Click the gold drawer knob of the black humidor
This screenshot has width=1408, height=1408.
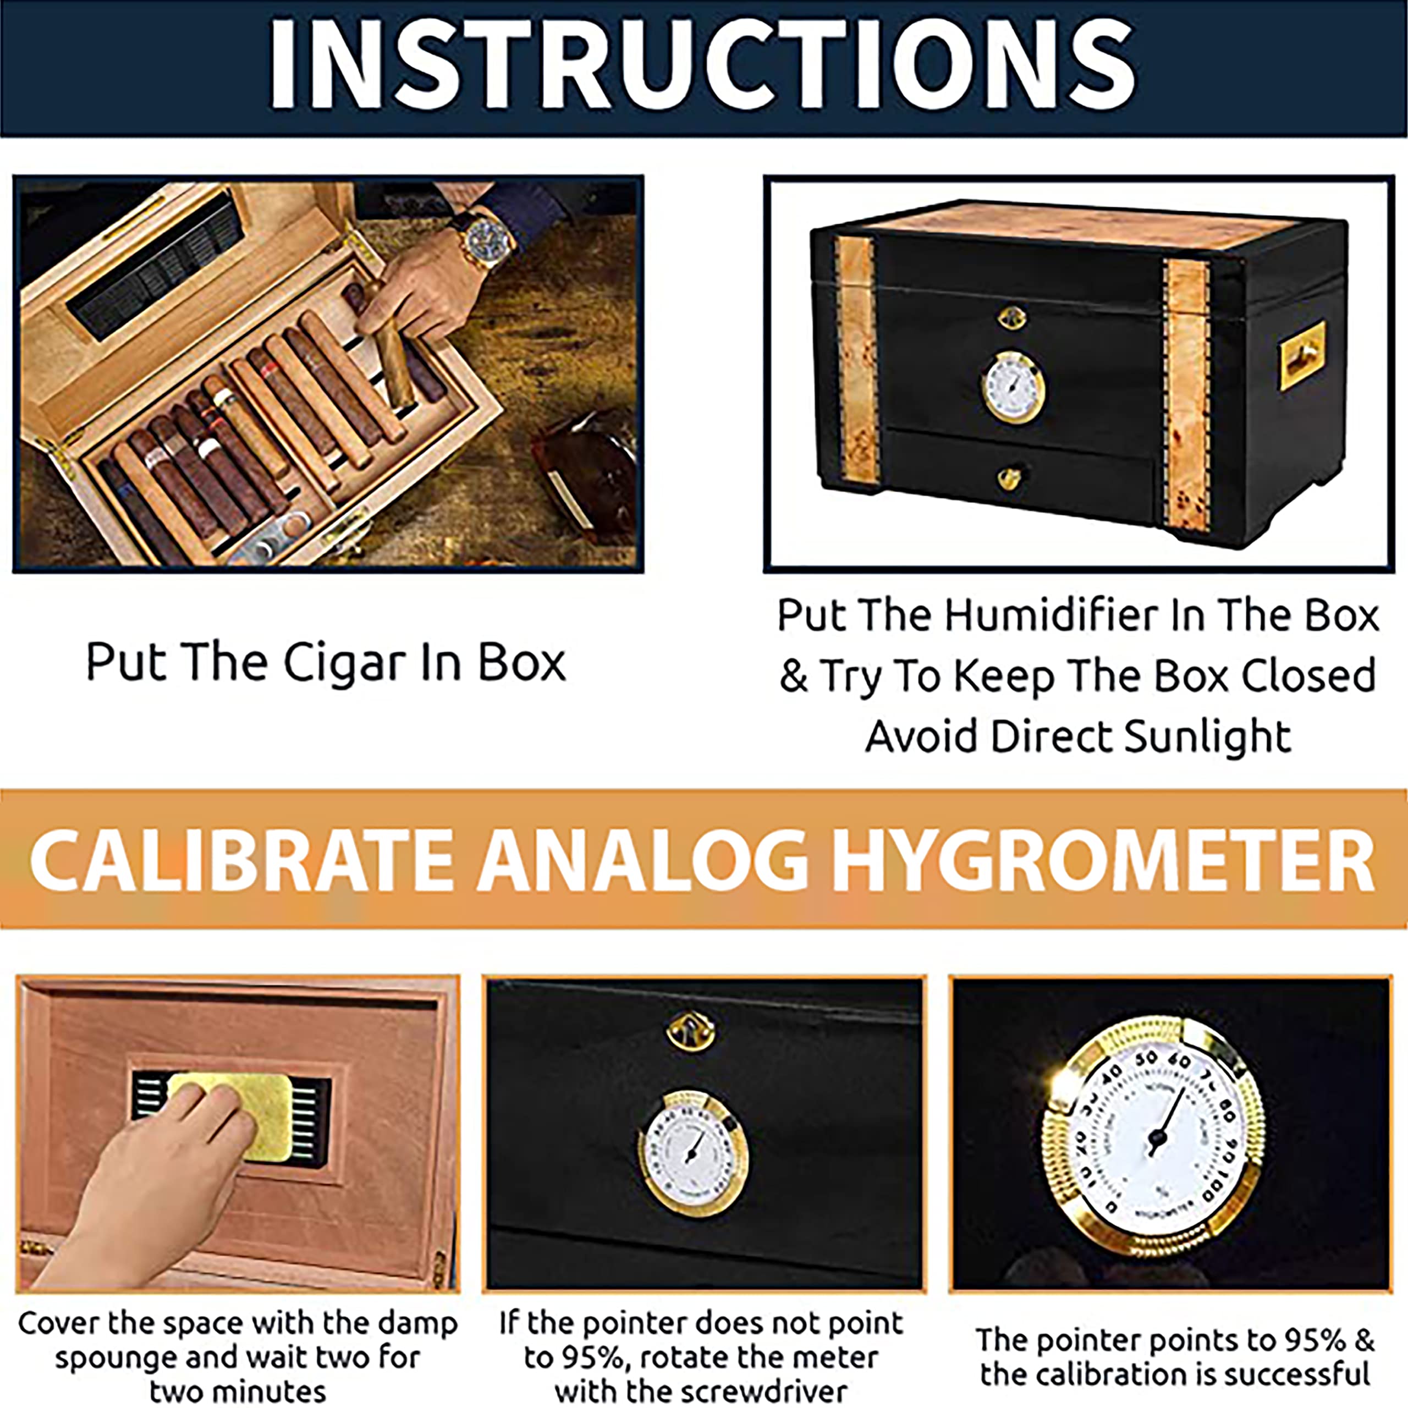[1009, 478]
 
